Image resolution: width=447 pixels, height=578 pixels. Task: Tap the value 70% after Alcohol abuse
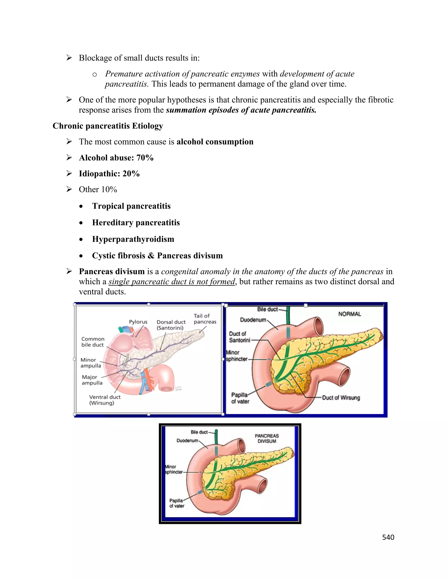(x=145, y=158)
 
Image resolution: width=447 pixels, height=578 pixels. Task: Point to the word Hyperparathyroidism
(x=133, y=239)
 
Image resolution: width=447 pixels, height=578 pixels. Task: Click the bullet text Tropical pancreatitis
(x=131, y=206)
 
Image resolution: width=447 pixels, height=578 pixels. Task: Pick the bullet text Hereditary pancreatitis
(x=136, y=222)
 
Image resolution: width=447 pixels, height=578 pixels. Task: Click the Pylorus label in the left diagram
(x=138, y=322)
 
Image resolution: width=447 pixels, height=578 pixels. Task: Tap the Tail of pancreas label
(x=205, y=319)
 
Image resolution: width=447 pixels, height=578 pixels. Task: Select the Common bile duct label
(x=93, y=342)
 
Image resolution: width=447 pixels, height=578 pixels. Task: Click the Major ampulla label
(x=92, y=380)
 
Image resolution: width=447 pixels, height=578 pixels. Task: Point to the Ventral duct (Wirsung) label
(x=105, y=400)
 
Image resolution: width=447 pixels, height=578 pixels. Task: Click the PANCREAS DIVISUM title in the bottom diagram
(x=267, y=438)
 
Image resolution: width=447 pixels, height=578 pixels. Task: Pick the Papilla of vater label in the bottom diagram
(x=177, y=503)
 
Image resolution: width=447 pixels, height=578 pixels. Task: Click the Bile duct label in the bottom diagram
(x=199, y=432)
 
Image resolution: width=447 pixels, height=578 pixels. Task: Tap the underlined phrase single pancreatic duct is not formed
(x=172, y=282)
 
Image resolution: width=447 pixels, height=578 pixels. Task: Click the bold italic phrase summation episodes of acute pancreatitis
(x=241, y=110)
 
